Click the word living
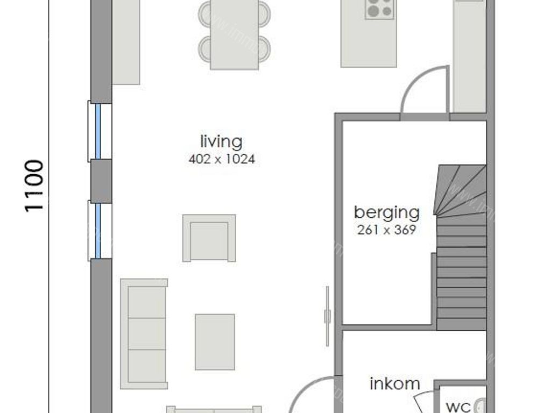click(221, 142)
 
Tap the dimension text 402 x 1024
click(221, 159)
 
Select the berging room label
click(386, 212)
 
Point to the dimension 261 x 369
click(386, 230)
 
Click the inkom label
click(395, 384)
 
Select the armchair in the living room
click(209, 238)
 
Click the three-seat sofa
click(144, 333)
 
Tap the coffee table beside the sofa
click(215, 342)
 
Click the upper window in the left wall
click(100, 131)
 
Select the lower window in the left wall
click(100, 230)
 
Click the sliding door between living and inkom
click(327, 316)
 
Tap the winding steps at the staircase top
click(460, 191)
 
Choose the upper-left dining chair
click(205, 13)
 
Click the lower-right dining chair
click(264, 48)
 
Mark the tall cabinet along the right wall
click(470, 54)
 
